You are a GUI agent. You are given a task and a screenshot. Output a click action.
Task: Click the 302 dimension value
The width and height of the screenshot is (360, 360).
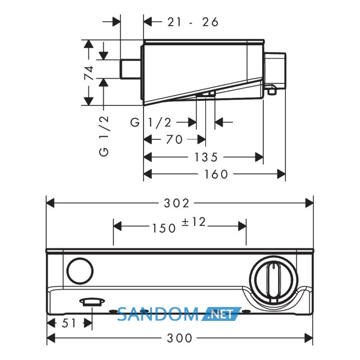[176, 204]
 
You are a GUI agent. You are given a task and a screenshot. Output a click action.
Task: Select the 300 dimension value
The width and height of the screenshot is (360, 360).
[179, 338]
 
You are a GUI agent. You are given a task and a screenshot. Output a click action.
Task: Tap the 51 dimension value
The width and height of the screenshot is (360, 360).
[68, 323]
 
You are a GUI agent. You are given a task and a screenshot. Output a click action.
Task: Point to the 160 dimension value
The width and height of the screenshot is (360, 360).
[216, 174]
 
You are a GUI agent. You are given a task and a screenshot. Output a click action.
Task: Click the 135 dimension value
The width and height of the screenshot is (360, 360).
[206, 157]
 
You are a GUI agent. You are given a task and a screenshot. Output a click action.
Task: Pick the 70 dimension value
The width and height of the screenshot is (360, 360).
[174, 139]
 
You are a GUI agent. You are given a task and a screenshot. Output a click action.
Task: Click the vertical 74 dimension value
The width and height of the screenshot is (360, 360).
[89, 73]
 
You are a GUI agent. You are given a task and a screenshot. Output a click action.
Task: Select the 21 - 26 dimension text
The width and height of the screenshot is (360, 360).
[193, 22]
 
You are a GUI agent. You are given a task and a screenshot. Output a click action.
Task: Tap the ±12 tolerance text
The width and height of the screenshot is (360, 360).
[193, 222]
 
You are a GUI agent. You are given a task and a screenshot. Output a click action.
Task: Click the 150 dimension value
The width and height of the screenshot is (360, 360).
[164, 228]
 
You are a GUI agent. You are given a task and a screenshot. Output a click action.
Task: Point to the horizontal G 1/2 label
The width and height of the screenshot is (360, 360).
[151, 122]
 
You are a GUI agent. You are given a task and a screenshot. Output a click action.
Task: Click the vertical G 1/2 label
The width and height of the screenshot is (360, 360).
[104, 136]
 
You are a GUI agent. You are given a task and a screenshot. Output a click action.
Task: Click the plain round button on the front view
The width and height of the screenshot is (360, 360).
[80, 271]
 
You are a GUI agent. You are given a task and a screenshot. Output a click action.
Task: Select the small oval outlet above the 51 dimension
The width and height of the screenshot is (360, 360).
[92, 302]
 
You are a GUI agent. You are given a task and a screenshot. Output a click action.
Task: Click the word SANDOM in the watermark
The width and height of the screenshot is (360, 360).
[158, 314]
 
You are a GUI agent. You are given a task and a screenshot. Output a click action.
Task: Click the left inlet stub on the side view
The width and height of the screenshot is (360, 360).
[131, 69]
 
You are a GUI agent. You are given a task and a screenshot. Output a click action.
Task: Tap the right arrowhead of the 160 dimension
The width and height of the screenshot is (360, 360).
[281, 174]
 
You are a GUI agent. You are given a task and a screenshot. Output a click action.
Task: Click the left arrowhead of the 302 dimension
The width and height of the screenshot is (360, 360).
[50, 203]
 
